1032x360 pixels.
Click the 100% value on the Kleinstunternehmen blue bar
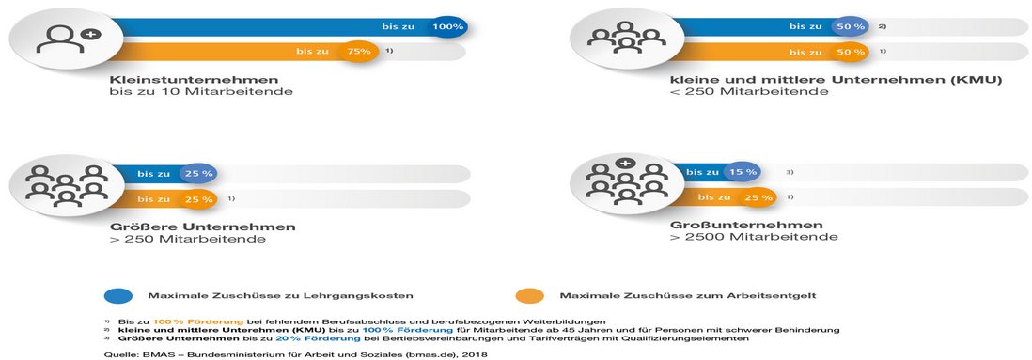coord(448,27)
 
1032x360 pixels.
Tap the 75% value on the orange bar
coord(359,52)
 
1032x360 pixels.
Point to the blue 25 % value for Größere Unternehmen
coord(198,174)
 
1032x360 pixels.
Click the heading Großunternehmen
coord(733,226)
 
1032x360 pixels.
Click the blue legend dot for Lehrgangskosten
coord(117,295)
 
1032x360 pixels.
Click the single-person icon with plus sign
coord(64,40)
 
